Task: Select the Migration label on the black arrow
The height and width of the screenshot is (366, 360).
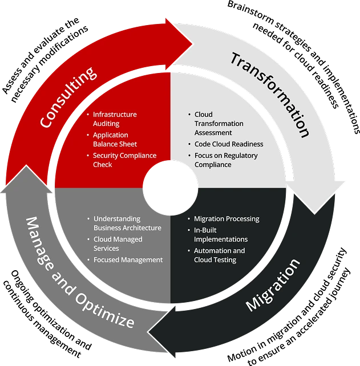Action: click(273, 284)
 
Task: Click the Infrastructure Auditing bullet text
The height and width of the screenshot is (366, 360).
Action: click(115, 119)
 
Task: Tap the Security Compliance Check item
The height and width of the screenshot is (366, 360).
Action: click(124, 160)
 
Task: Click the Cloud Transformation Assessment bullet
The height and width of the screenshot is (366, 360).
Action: click(219, 123)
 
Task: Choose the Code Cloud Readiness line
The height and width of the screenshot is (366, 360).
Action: click(229, 144)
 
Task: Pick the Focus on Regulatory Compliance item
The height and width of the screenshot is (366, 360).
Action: click(225, 160)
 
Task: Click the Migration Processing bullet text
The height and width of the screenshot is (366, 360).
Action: click(226, 218)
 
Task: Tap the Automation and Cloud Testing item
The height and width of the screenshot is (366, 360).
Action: click(219, 255)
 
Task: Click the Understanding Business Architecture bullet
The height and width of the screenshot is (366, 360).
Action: click(127, 223)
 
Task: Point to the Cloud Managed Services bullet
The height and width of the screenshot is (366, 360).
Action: click(118, 243)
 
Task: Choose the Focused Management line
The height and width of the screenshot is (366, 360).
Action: click(128, 259)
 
